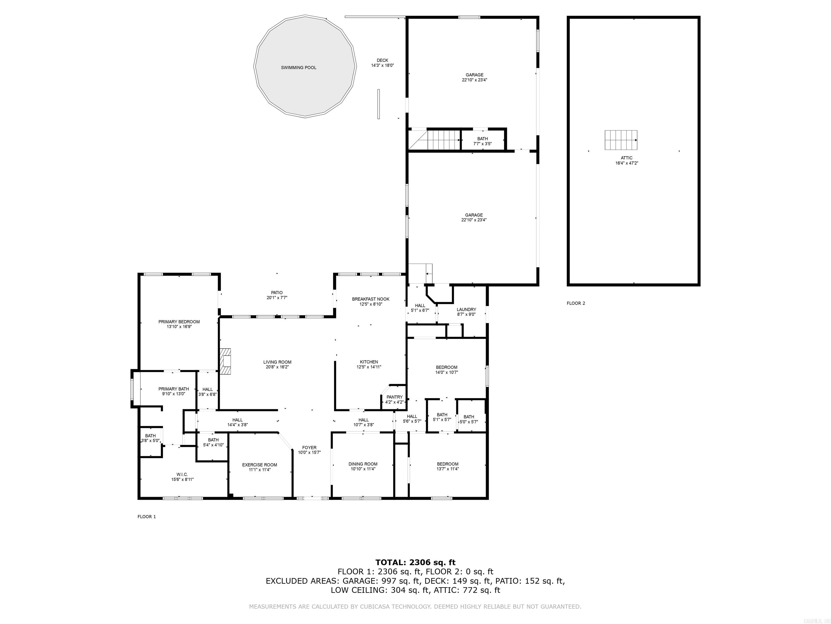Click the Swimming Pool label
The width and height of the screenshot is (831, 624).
click(x=298, y=68)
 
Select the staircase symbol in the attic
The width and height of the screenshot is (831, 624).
click(x=621, y=140)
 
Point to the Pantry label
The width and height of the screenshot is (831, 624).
click(x=394, y=399)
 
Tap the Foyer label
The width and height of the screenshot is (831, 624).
click(x=309, y=450)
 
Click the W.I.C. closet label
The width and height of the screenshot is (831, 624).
click(x=182, y=477)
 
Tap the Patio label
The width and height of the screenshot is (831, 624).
click(x=277, y=295)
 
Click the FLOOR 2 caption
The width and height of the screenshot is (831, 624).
click(x=576, y=303)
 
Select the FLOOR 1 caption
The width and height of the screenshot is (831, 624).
click(x=147, y=516)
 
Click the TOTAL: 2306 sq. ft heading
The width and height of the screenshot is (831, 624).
click(x=415, y=563)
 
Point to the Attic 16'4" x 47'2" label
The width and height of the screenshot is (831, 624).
click(x=626, y=161)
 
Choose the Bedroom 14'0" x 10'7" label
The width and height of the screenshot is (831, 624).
click(x=447, y=370)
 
